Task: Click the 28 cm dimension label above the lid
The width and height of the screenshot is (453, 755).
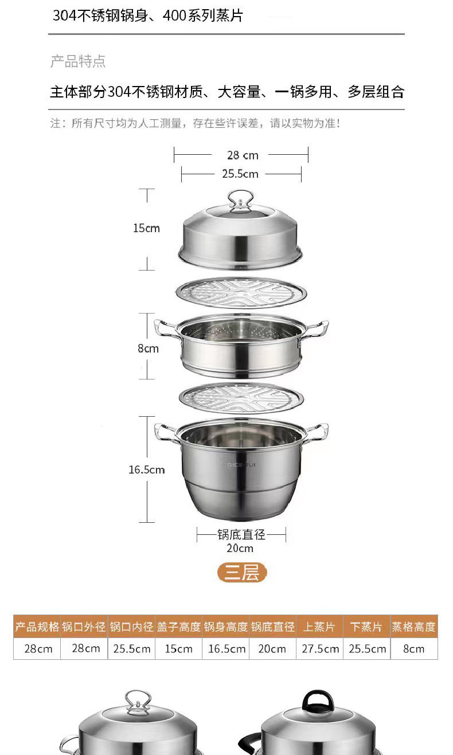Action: (x=243, y=155)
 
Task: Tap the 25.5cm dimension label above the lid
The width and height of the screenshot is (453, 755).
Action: (x=240, y=174)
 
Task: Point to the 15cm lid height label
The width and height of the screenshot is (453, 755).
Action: (x=146, y=228)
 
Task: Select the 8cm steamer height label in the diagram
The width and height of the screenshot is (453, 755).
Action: (x=148, y=348)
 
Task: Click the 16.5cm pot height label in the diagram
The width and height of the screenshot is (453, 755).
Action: (x=147, y=470)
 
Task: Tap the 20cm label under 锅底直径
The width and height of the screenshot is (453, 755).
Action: (x=240, y=548)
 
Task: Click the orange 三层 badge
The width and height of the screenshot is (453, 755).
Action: (x=242, y=572)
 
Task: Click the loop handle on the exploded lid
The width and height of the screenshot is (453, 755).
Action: (x=240, y=199)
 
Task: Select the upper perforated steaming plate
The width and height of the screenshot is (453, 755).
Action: (x=241, y=293)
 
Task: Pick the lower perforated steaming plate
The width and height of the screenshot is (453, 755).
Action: (x=241, y=398)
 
